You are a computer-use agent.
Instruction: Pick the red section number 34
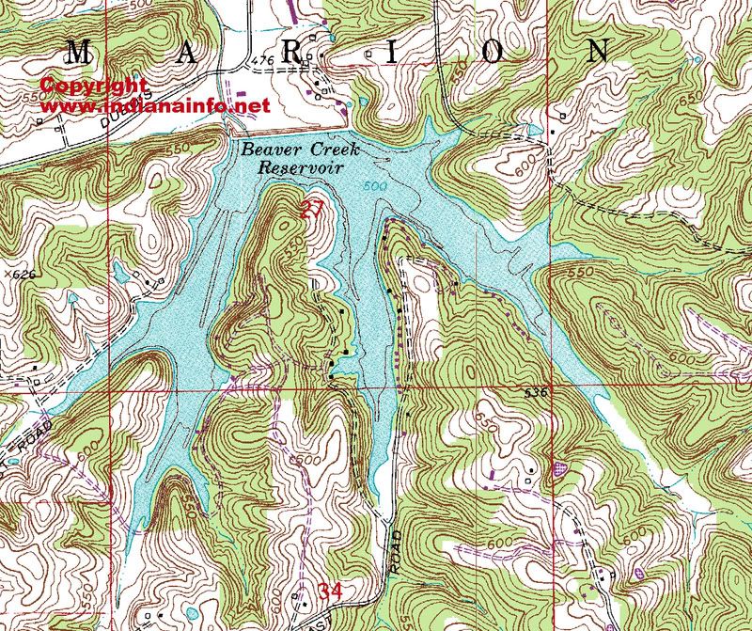click(x=330, y=592)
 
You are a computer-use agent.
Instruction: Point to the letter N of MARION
click(x=598, y=51)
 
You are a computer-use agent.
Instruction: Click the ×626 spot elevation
click(x=18, y=274)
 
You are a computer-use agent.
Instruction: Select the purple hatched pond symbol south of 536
click(x=562, y=465)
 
